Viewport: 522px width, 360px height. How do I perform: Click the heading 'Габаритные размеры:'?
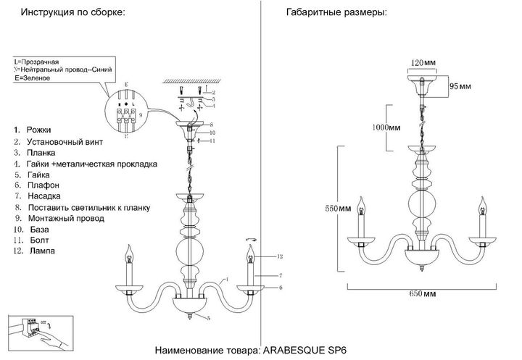pos(336,14)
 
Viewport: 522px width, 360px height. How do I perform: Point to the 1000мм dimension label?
pos(384,128)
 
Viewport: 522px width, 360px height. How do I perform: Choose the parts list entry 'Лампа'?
pos(41,251)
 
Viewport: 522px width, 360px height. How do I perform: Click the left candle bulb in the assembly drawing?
pos(130,255)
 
